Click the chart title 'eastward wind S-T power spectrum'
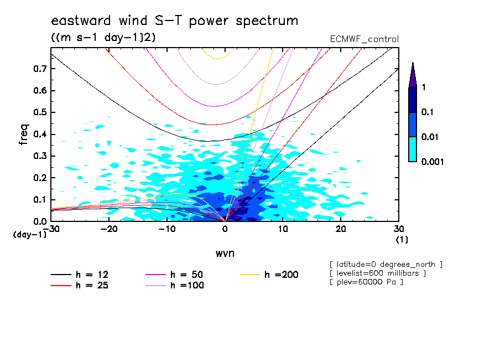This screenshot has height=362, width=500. pos(174,21)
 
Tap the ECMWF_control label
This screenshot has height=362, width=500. pos(363,39)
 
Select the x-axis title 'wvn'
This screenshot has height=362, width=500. pos(225,253)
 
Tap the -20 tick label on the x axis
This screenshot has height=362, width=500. pos(109,229)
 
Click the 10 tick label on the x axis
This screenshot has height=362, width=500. pos(283,229)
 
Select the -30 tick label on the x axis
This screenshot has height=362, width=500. pos(51,229)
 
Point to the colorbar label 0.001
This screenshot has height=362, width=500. pos(433,162)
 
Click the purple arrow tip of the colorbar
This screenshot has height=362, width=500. pos(413,75)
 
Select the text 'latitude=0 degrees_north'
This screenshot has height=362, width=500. pos(386,263)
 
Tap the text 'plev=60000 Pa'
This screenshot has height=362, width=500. pos(366,282)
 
